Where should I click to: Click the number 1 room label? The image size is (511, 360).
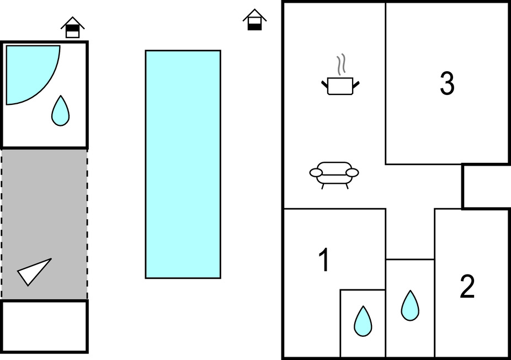324,261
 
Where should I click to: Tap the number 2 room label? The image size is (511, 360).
467,287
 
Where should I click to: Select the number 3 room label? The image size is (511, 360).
447,84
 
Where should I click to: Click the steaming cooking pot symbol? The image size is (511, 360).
340,86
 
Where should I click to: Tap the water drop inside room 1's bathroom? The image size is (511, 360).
363,321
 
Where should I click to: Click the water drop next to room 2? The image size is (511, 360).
409,305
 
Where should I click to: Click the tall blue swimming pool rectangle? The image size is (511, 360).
183,164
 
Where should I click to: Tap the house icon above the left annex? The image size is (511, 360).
72,27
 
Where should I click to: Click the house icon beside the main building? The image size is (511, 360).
254,20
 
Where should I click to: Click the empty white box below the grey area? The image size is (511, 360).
44,326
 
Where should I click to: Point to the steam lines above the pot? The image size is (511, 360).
342,64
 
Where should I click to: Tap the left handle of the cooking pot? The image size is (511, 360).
324,84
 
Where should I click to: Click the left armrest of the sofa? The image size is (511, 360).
316,173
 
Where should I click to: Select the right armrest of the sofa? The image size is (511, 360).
353,172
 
